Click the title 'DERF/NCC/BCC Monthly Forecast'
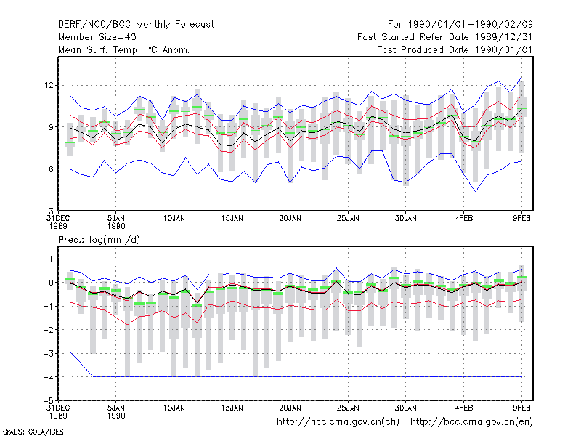tap(136, 25)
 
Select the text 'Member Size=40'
tap(97, 37)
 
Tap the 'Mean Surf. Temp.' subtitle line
tap(123, 49)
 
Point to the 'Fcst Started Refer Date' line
tap(444, 37)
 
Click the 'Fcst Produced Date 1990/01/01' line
tap(455, 49)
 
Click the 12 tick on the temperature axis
tap(49, 85)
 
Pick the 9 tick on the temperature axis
tap(51, 127)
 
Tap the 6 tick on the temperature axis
tap(51, 169)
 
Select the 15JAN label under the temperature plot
tap(232, 219)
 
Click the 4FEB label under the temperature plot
tap(464, 219)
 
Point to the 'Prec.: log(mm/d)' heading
tap(99, 240)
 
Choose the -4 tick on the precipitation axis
tap(48, 377)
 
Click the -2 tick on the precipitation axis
tap(48, 330)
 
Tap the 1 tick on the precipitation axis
tap(51, 259)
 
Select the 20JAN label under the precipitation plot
tap(290, 408)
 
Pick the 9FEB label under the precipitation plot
tap(521, 408)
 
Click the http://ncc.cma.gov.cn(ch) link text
tap(338, 422)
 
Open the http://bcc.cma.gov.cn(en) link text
tap(471, 422)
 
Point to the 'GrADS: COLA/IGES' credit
tap(33, 432)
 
